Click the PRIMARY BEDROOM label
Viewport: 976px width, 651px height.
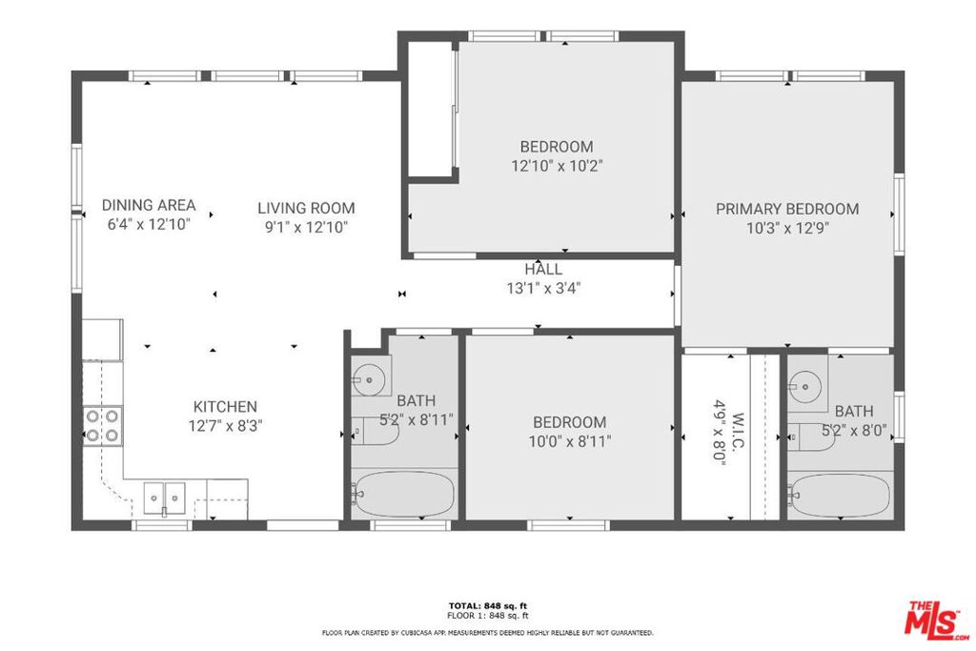click(786, 209)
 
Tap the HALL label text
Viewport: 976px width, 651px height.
click(543, 269)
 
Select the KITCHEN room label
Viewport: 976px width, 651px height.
click(225, 406)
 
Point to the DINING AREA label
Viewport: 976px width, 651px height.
click(149, 205)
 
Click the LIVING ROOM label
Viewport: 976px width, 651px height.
click(306, 208)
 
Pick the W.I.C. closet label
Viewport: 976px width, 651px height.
click(739, 430)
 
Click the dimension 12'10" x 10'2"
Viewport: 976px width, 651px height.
click(557, 166)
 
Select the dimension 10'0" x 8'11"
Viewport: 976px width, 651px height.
click(570, 442)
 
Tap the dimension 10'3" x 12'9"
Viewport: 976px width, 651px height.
click(787, 229)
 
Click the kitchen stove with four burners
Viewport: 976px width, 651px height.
click(102, 425)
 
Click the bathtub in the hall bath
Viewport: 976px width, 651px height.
click(404, 494)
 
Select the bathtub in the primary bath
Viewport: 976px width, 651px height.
click(841, 496)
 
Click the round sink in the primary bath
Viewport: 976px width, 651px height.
click(805, 386)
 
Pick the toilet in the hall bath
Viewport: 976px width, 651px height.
click(375, 432)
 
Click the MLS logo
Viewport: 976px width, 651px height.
click(937, 620)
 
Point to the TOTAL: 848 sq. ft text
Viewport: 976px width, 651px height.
click(488, 605)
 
